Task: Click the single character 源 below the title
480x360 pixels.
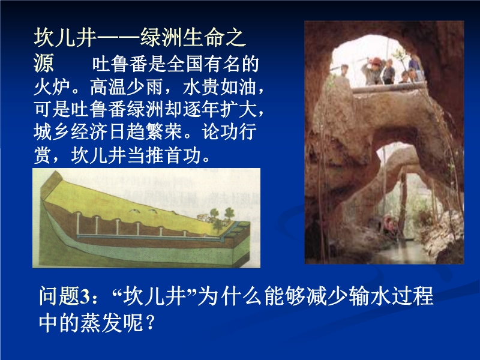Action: (44, 64)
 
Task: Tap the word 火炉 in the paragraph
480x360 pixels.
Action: (52, 87)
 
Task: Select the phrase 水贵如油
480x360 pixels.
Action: (219, 87)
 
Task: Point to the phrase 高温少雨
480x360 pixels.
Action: (127, 87)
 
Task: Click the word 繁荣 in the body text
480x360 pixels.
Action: (164, 132)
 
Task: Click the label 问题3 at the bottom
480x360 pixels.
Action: (64, 296)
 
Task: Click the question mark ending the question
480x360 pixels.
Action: (151, 323)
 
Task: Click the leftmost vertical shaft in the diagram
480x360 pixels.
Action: (78, 224)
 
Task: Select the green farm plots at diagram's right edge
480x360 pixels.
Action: (241, 230)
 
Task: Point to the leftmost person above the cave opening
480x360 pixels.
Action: (344, 71)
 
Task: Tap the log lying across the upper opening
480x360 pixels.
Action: (389, 88)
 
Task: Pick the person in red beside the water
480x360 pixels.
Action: (389, 223)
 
